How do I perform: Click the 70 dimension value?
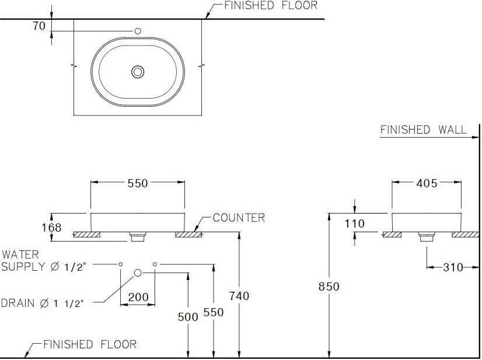coord(39,26)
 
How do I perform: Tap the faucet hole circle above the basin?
coord(138,31)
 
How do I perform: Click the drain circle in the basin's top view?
coord(138,72)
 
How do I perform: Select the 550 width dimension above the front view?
coord(138,183)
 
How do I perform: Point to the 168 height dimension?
coord(51,228)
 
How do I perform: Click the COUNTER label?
coord(239,218)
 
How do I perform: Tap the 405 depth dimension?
coord(427,183)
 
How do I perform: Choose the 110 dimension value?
coord(354,223)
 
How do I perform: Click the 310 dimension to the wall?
coord(453,267)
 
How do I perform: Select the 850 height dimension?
coord(329,286)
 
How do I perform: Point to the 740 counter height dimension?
coord(239,296)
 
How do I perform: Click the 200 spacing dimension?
coord(138,297)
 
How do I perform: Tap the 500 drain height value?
coord(188,317)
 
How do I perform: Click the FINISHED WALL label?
coord(423,130)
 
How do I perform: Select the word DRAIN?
coord(18,303)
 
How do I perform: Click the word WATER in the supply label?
coord(20,254)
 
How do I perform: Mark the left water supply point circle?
coord(120,264)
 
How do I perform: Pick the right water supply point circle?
coord(155,264)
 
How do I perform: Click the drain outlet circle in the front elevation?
coord(138,272)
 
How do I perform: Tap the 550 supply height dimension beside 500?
coord(214,312)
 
